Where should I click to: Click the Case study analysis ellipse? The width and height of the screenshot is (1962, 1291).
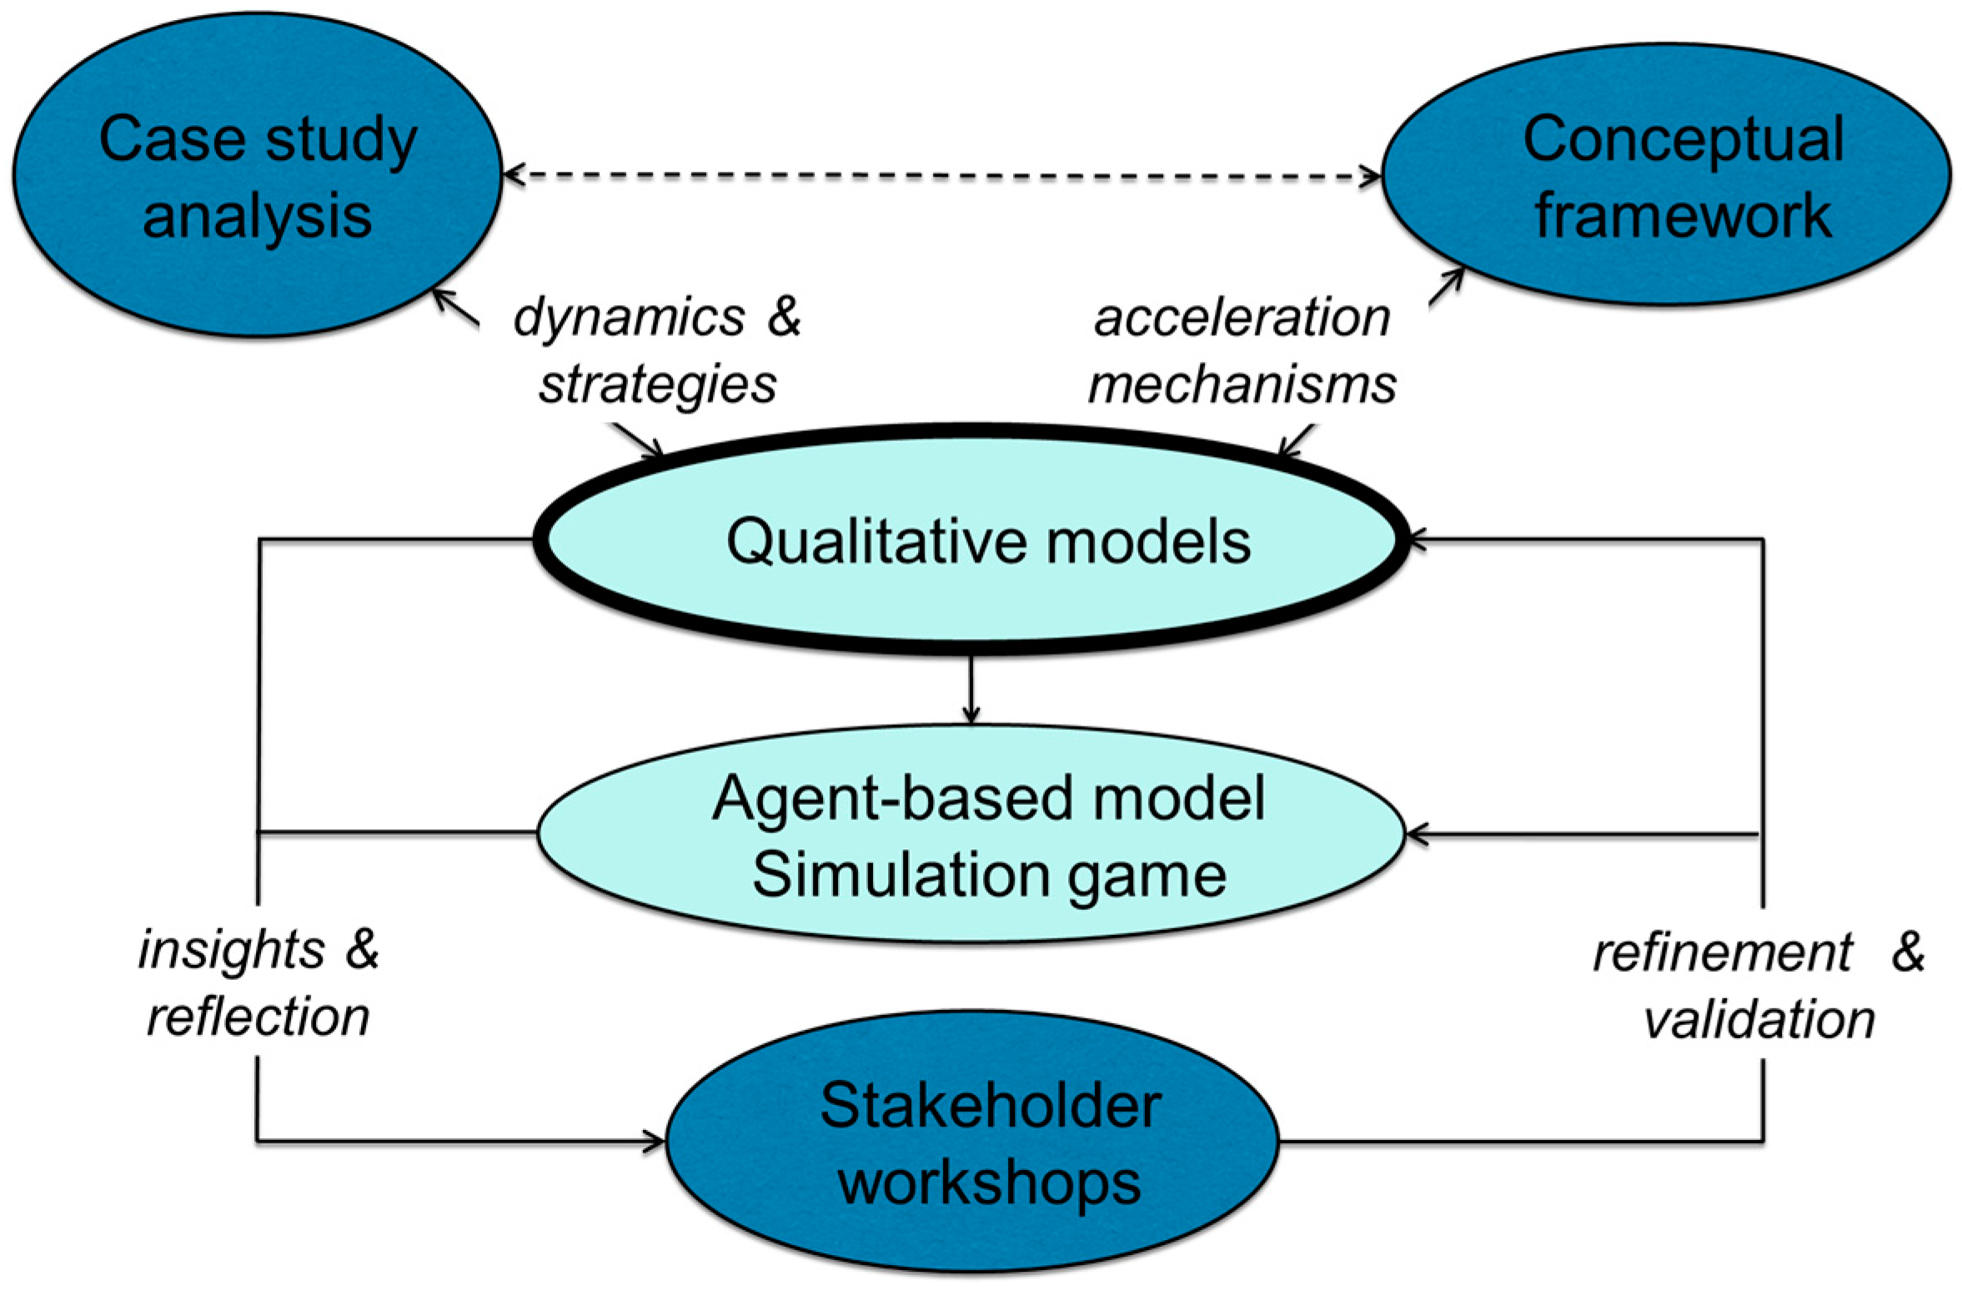click(257, 175)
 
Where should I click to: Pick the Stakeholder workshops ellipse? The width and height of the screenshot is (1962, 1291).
click(971, 1143)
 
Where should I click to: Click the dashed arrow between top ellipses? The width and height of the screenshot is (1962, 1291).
click(942, 175)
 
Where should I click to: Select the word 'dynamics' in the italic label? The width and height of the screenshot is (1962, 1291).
click(630, 319)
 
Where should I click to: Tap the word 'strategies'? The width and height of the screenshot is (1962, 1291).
click(657, 385)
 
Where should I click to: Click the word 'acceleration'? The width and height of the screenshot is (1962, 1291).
click(1242, 319)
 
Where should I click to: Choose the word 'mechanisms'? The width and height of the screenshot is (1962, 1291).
click(1242, 385)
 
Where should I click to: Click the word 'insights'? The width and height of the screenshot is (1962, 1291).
click(231, 951)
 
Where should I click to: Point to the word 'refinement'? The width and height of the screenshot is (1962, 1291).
click(1723, 952)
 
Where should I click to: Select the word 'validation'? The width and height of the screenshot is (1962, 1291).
click(1759, 1020)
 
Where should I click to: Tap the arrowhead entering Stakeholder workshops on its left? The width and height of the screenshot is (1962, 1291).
click(655, 1140)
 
